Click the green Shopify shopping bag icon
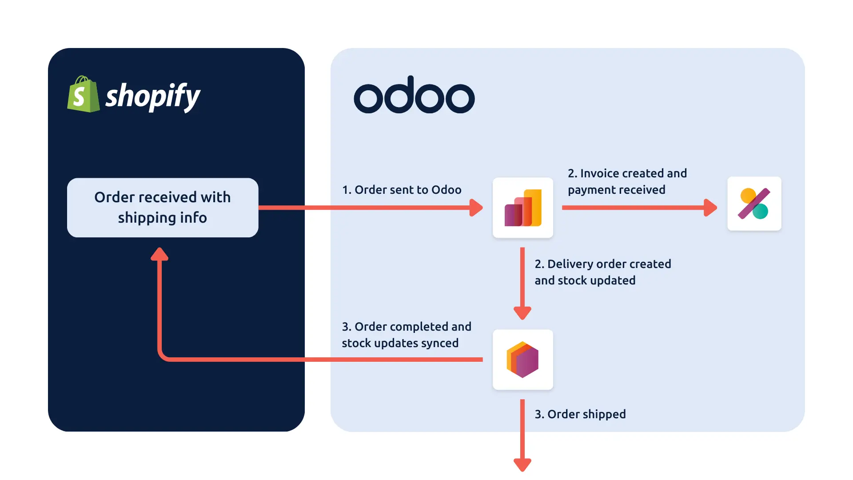[x=83, y=95]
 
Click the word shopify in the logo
[x=153, y=96]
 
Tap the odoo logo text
[x=414, y=95]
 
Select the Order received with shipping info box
[x=163, y=208]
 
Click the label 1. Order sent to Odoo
[x=402, y=190]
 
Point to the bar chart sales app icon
[x=523, y=208]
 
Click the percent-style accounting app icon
[x=754, y=204]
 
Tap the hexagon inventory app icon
[x=523, y=360]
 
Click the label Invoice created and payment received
[x=627, y=181]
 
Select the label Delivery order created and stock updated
[x=602, y=272]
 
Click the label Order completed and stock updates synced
[x=406, y=335]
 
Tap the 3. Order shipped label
[x=580, y=414]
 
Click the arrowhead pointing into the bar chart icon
[x=476, y=208]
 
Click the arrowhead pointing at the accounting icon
[x=710, y=208]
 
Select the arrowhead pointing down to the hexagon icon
[x=522, y=313]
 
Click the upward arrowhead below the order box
[x=159, y=254]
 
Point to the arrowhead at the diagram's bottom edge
[x=522, y=464]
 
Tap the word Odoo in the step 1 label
[x=446, y=190]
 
